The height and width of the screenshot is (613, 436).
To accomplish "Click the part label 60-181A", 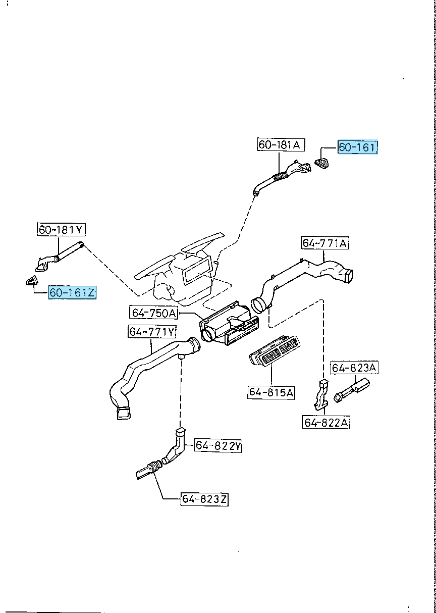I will tap(279, 145).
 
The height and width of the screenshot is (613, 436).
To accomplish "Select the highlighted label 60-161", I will tap(357, 147).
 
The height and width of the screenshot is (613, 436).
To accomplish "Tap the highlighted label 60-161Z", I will tap(72, 292).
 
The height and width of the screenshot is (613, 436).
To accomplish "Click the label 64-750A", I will tap(154, 313).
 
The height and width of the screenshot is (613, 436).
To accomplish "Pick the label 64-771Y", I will tap(152, 332).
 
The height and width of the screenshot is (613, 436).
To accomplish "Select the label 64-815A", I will tap(271, 392).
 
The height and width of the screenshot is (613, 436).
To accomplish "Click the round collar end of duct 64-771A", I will tap(259, 306).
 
